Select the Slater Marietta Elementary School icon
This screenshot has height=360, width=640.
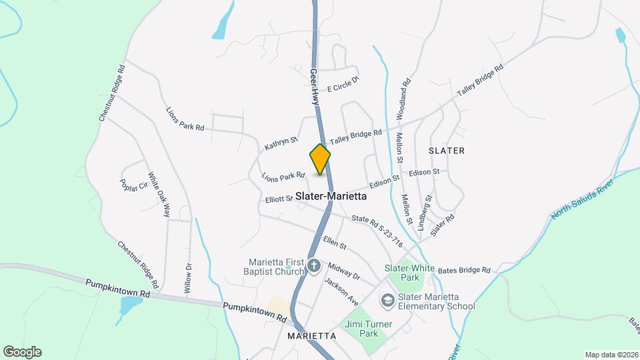[387, 301]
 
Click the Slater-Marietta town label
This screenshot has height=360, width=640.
[331, 197]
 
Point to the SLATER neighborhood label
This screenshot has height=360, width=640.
[447, 151]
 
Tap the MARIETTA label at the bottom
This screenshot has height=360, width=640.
[312, 336]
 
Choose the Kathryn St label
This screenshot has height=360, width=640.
[281, 143]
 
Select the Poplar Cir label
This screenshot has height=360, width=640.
[133, 185]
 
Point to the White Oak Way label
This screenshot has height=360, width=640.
[159, 195]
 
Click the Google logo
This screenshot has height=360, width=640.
[22, 352]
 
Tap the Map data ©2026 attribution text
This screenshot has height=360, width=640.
[611, 355]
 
